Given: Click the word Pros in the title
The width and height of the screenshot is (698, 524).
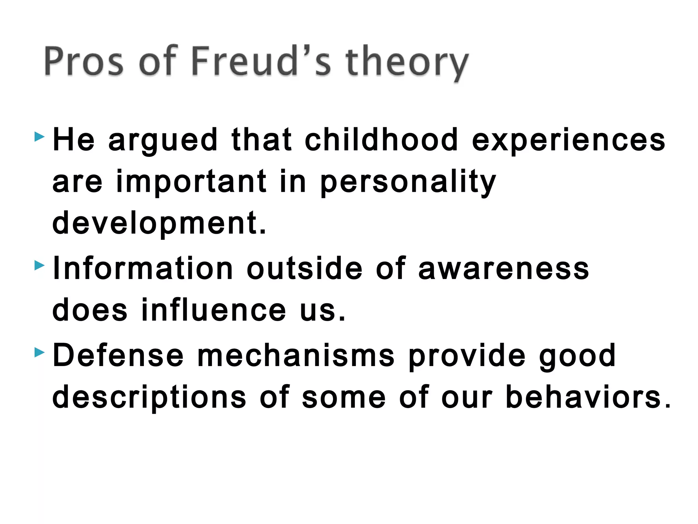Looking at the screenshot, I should click(84, 61).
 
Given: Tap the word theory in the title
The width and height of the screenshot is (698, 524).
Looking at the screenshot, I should click(407, 63).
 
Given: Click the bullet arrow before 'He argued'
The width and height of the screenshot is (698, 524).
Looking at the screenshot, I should click(40, 137).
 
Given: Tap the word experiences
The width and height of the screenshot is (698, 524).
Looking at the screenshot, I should click(568, 140).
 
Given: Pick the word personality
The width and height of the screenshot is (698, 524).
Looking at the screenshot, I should click(408, 182).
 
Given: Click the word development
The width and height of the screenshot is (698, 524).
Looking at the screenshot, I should click(159, 223).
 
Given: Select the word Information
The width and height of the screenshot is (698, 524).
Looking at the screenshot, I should click(143, 268).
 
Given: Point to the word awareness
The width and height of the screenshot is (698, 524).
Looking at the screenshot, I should click(503, 269).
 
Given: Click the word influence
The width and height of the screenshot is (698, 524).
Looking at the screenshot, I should click(214, 310).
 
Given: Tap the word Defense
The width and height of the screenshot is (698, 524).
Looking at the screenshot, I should click(118, 355).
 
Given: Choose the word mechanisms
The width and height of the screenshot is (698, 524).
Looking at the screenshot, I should click(296, 355).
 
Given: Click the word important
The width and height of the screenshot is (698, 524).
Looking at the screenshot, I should click(192, 181).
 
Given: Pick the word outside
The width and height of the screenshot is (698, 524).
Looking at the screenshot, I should click(304, 268).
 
